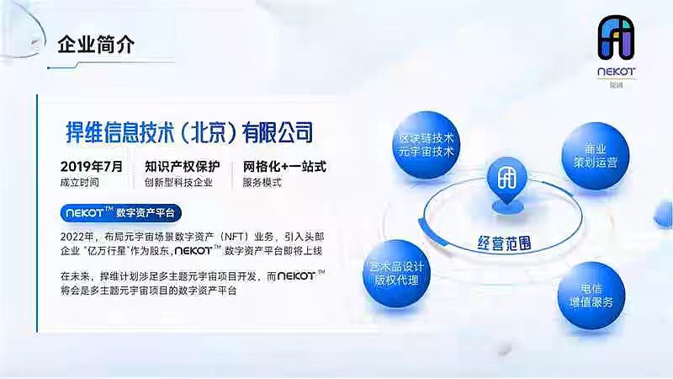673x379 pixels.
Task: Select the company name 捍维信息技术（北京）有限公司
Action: click(189, 131)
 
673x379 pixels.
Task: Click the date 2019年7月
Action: click(92, 166)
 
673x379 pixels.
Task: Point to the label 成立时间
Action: click(80, 182)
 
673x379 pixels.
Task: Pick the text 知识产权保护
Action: click(183, 166)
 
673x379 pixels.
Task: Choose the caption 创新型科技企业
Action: click(178, 182)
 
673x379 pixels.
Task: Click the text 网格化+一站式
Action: click(284, 166)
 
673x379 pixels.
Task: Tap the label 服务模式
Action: click(263, 182)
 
